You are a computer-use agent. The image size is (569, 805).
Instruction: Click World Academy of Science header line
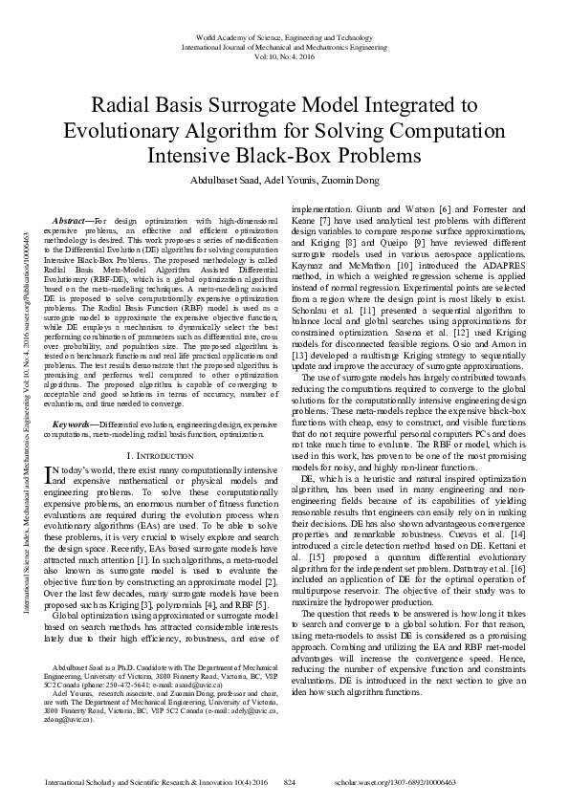(x=284, y=34)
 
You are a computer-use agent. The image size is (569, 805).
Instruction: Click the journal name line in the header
(x=284, y=45)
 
